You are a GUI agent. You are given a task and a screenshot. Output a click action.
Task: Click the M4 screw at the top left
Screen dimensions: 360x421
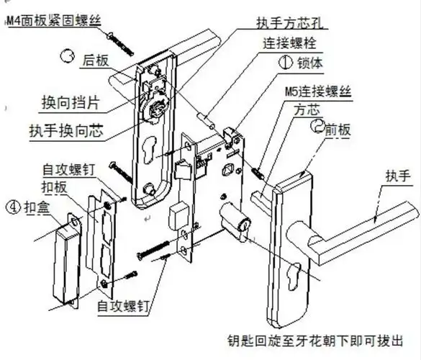pyautogui.click(x=119, y=41)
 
